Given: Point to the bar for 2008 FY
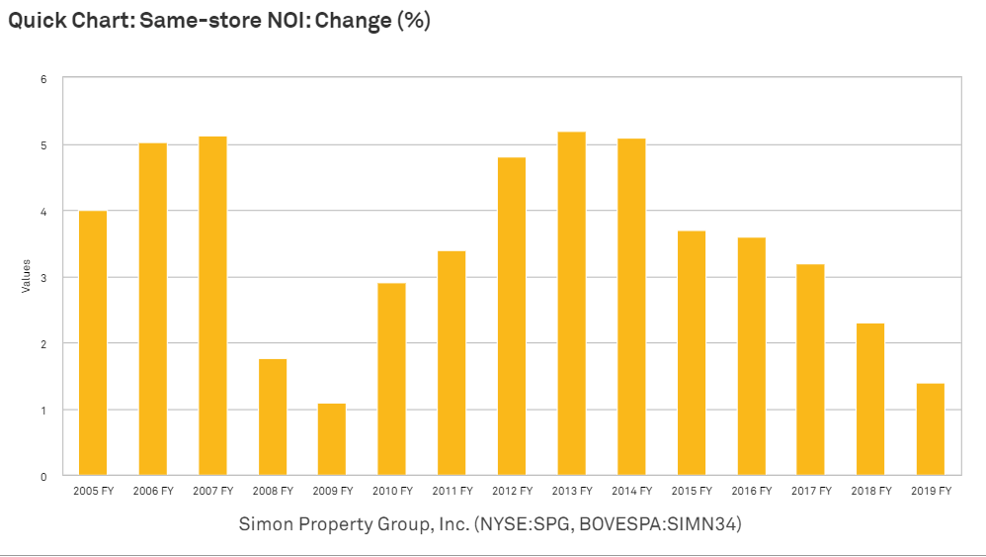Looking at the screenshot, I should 273,417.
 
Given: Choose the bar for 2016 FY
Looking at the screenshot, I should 751,356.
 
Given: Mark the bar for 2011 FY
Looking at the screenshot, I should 452,363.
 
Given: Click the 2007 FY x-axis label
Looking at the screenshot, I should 212,491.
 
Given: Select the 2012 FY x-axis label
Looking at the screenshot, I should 512,491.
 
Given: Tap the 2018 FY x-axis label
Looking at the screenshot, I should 870,491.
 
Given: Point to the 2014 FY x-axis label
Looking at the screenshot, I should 631,491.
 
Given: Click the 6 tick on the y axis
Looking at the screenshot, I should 44,79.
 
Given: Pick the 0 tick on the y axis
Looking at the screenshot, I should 44,477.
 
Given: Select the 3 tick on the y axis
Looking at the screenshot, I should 44,278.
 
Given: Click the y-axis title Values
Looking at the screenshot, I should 27,276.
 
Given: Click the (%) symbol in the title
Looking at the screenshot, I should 413,21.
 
